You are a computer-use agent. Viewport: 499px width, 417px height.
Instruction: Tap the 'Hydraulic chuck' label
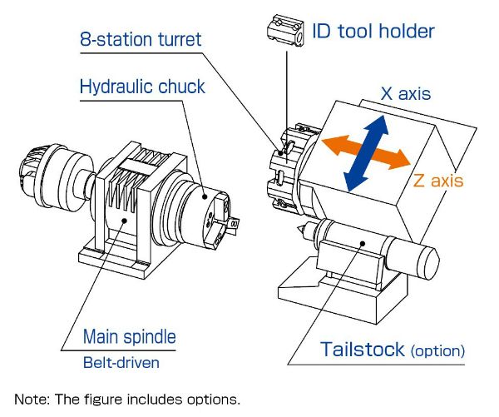tap(141, 87)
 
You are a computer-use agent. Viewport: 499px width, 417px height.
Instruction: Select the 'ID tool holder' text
tap(373, 32)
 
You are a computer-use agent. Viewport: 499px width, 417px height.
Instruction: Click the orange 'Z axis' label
tap(437, 179)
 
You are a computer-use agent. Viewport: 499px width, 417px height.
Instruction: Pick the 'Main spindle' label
tap(129, 337)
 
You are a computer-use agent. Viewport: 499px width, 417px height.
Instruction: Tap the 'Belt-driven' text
tap(121, 363)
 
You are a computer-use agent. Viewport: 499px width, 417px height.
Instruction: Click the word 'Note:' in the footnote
tap(32, 399)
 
